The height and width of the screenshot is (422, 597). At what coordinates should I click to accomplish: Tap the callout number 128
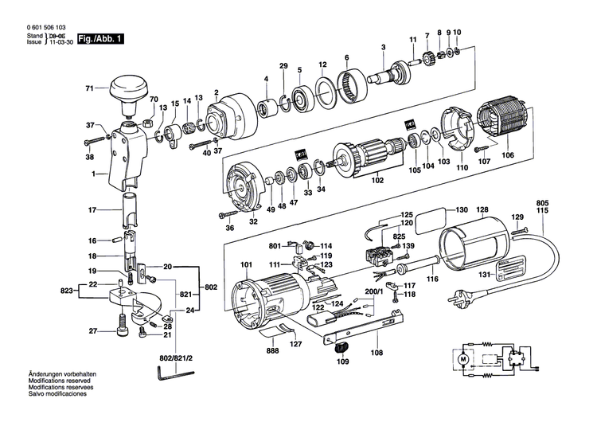coord(482,210)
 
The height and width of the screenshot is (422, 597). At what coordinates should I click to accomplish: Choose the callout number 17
coord(92,210)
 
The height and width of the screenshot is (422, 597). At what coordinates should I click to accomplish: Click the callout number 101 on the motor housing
coord(245,265)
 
